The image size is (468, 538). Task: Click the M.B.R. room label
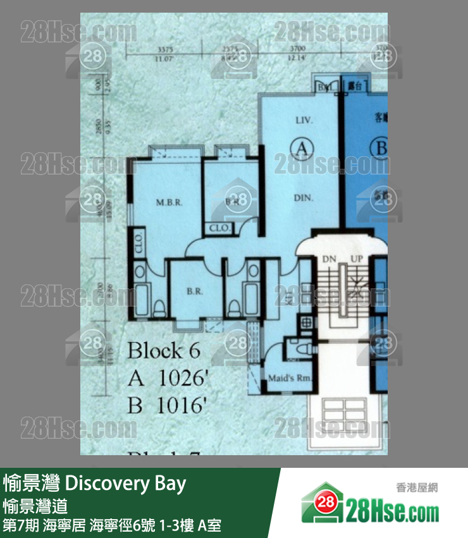169,203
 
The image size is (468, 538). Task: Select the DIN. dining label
304,198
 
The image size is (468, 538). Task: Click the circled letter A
302,149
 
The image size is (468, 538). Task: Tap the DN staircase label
329,259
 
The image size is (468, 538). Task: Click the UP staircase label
357,259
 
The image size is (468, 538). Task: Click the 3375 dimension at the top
166,50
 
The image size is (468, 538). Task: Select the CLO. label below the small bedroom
219,228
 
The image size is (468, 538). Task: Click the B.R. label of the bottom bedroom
194,293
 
